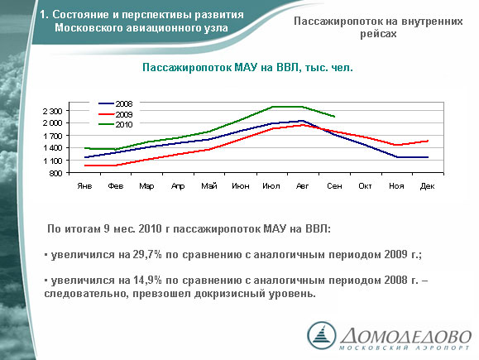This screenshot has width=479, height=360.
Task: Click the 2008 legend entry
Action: (116, 104)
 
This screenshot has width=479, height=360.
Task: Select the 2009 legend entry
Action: (116, 114)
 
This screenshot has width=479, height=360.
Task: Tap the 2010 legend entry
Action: (116, 125)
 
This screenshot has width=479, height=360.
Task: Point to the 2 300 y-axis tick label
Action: (53, 111)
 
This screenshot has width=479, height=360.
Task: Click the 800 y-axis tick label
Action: (56, 173)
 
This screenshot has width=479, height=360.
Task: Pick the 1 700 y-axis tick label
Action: (53, 136)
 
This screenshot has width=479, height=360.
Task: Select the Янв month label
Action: (84, 186)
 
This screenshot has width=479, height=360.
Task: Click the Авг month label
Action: (303, 186)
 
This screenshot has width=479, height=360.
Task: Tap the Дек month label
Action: (428, 186)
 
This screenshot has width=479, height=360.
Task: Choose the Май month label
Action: (209, 186)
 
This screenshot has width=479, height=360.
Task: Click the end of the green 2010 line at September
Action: (334, 117)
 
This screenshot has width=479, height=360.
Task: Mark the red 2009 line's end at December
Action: (428, 141)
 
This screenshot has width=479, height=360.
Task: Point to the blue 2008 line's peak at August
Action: (303, 121)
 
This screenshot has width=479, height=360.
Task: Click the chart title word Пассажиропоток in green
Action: (187, 68)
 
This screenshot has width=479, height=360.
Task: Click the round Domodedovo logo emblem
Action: (321, 335)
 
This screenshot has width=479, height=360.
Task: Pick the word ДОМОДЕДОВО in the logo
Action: (405, 336)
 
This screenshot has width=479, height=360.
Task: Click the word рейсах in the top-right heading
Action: (378, 34)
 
